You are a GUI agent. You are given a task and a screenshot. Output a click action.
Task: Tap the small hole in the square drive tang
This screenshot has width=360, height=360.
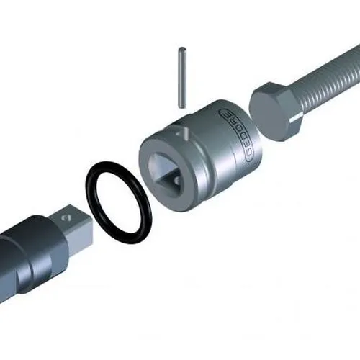[67, 214]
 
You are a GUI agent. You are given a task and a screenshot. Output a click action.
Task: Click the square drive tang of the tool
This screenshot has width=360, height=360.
[72, 223]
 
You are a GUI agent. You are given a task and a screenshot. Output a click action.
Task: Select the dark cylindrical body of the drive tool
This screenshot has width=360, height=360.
[29, 252]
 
